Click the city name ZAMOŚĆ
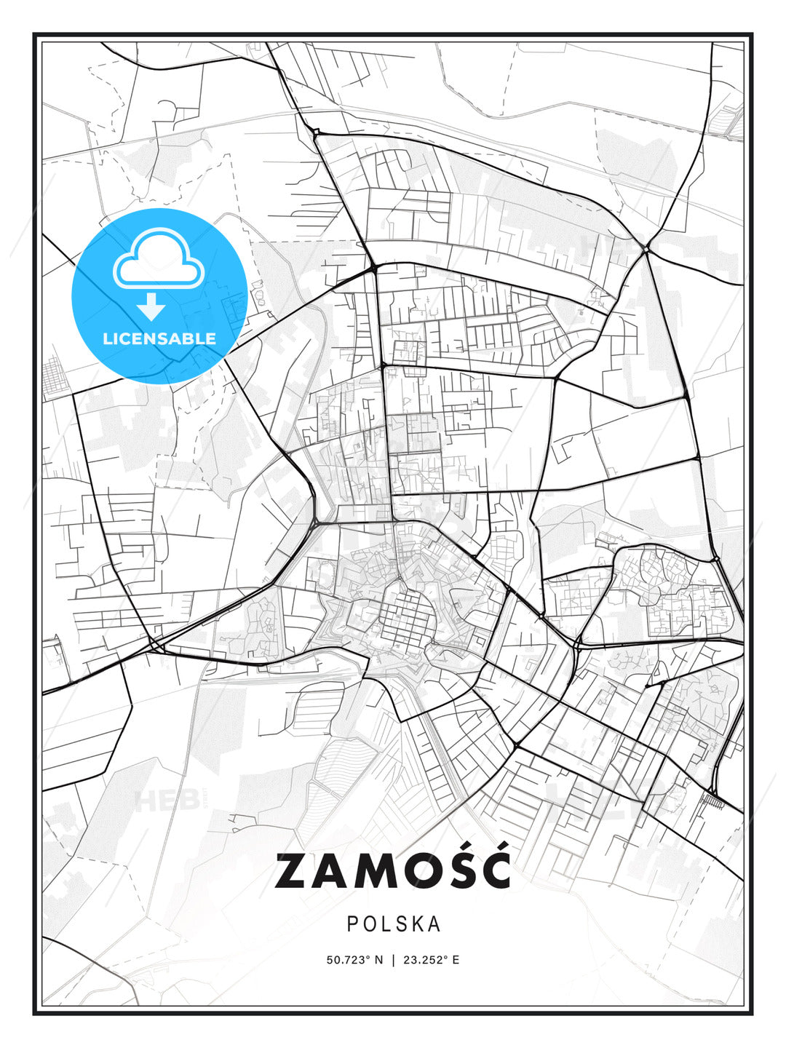[x=392, y=870]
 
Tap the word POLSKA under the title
[x=394, y=924]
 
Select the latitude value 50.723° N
[x=354, y=960]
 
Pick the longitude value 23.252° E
[x=431, y=960]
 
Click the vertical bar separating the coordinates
[x=394, y=960]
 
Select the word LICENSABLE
[x=159, y=338]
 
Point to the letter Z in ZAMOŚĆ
[x=292, y=871]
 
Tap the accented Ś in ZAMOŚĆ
[x=453, y=869]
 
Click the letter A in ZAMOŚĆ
[x=333, y=871]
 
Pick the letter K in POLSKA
[x=417, y=924]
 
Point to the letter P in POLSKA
[x=352, y=924]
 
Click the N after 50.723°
[x=378, y=960]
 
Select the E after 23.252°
[x=456, y=960]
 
